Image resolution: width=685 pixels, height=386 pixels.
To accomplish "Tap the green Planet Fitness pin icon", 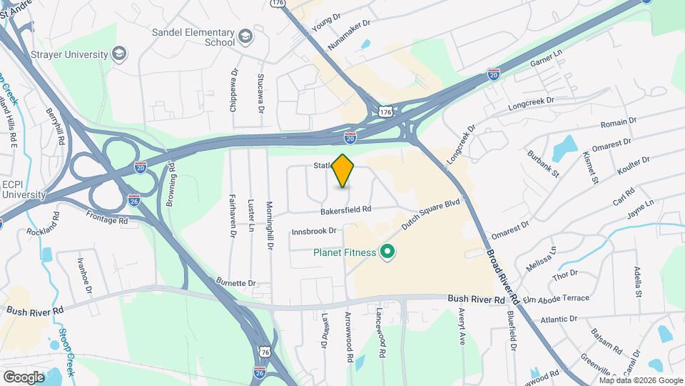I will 387,252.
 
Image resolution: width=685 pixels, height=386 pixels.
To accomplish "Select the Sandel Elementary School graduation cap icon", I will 245,36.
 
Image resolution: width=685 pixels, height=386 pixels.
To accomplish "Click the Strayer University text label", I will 69,54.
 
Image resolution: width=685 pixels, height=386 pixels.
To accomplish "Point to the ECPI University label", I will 23,189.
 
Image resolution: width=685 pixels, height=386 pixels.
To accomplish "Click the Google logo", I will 24,376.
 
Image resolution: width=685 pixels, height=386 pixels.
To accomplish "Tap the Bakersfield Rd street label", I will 346,210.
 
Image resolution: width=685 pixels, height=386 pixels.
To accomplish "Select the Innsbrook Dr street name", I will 314,232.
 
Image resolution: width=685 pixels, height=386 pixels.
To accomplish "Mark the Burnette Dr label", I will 236,283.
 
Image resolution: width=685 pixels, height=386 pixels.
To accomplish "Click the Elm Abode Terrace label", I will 557,298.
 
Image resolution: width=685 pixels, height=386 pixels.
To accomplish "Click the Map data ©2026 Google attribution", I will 641,380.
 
